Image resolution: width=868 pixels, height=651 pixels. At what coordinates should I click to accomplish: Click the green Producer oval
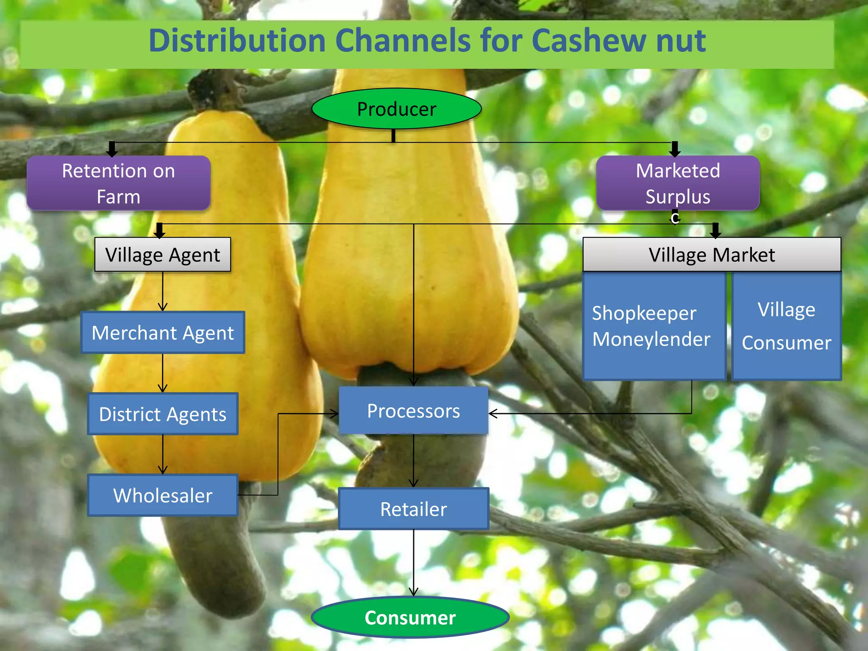click(x=396, y=109)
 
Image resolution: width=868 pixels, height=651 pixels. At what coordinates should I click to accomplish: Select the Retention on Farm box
click(x=118, y=184)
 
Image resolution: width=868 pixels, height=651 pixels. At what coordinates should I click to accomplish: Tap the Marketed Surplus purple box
click(x=677, y=184)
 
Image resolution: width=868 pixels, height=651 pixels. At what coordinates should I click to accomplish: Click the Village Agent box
click(x=163, y=255)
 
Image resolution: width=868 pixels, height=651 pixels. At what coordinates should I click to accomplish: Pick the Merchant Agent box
click(x=163, y=333)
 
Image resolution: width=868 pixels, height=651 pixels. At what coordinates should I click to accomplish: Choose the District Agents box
click(x=163, y=414)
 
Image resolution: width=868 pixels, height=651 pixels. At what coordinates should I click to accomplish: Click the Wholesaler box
click(x=163, y=495)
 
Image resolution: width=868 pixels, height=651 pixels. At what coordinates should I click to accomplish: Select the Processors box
click(x=413, y=411)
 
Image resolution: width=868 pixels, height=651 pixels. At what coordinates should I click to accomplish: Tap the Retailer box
click(x=413, y=509)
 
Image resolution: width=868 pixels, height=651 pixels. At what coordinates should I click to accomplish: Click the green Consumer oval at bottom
click(x=410, y=618)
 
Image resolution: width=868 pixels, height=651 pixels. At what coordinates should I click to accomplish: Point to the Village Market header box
click(x=712, y=255)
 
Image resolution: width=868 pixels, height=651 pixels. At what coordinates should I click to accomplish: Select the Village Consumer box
click(x=786, y=326)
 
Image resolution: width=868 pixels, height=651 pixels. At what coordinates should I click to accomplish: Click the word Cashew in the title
click(x=589, y=41)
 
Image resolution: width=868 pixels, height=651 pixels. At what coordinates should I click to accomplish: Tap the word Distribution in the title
click(x=237, y=41)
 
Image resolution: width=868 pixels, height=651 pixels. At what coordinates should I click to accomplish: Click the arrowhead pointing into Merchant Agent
click(x=163, y=307)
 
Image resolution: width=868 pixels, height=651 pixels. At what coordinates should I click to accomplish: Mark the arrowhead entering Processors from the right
click(x=493, y=413)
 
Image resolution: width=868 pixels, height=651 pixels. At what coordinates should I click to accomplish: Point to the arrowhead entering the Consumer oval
click(x=414, y=592)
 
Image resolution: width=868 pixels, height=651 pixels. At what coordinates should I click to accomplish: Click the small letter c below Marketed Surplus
click(x=675, y=218)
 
